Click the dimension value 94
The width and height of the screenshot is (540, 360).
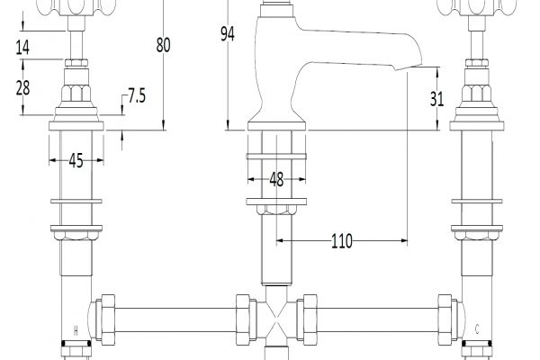pyautogui.click(x=228, y=34)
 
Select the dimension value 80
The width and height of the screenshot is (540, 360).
pyautogui.click(x=163, y=45)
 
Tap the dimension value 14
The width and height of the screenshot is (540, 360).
pyautogui.click(x=22, y=47)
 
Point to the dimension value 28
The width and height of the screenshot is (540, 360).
pyautogui.click(x=23, y=87)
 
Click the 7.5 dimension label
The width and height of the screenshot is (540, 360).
pyautogui.click(x=137, y=95)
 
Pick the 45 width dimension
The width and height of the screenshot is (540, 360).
pyautogui.click(x=76, y=160)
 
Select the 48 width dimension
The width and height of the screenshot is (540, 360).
pyautogui.click(x=276, y=179)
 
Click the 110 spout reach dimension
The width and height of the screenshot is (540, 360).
pyautogui.click(x=342, y=241)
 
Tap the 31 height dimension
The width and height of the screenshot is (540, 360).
pyautogui.click(x=436, y=99)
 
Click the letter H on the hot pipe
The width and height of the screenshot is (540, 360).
pyautogui.click(x=76, y=331)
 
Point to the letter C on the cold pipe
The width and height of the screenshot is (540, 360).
pyautogui.click(x=477, y=329)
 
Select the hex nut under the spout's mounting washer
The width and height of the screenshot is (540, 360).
pyautogui.click(x=276, y=210)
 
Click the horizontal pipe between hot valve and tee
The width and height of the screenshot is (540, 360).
pyautogui.click(x=175, y=319)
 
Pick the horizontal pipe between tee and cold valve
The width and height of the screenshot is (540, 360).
pyautogui.click(x=377, y=319)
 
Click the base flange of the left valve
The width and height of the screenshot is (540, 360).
pyautogui.click(x=76, y=126)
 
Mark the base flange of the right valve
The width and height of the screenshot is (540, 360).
pyautogui.click(x=477, y=126)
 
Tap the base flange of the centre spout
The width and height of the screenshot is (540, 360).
pyautogui.click(x=276, y=126)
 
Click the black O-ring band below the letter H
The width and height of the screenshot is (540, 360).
pyautogui.click(x=76, y=344)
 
